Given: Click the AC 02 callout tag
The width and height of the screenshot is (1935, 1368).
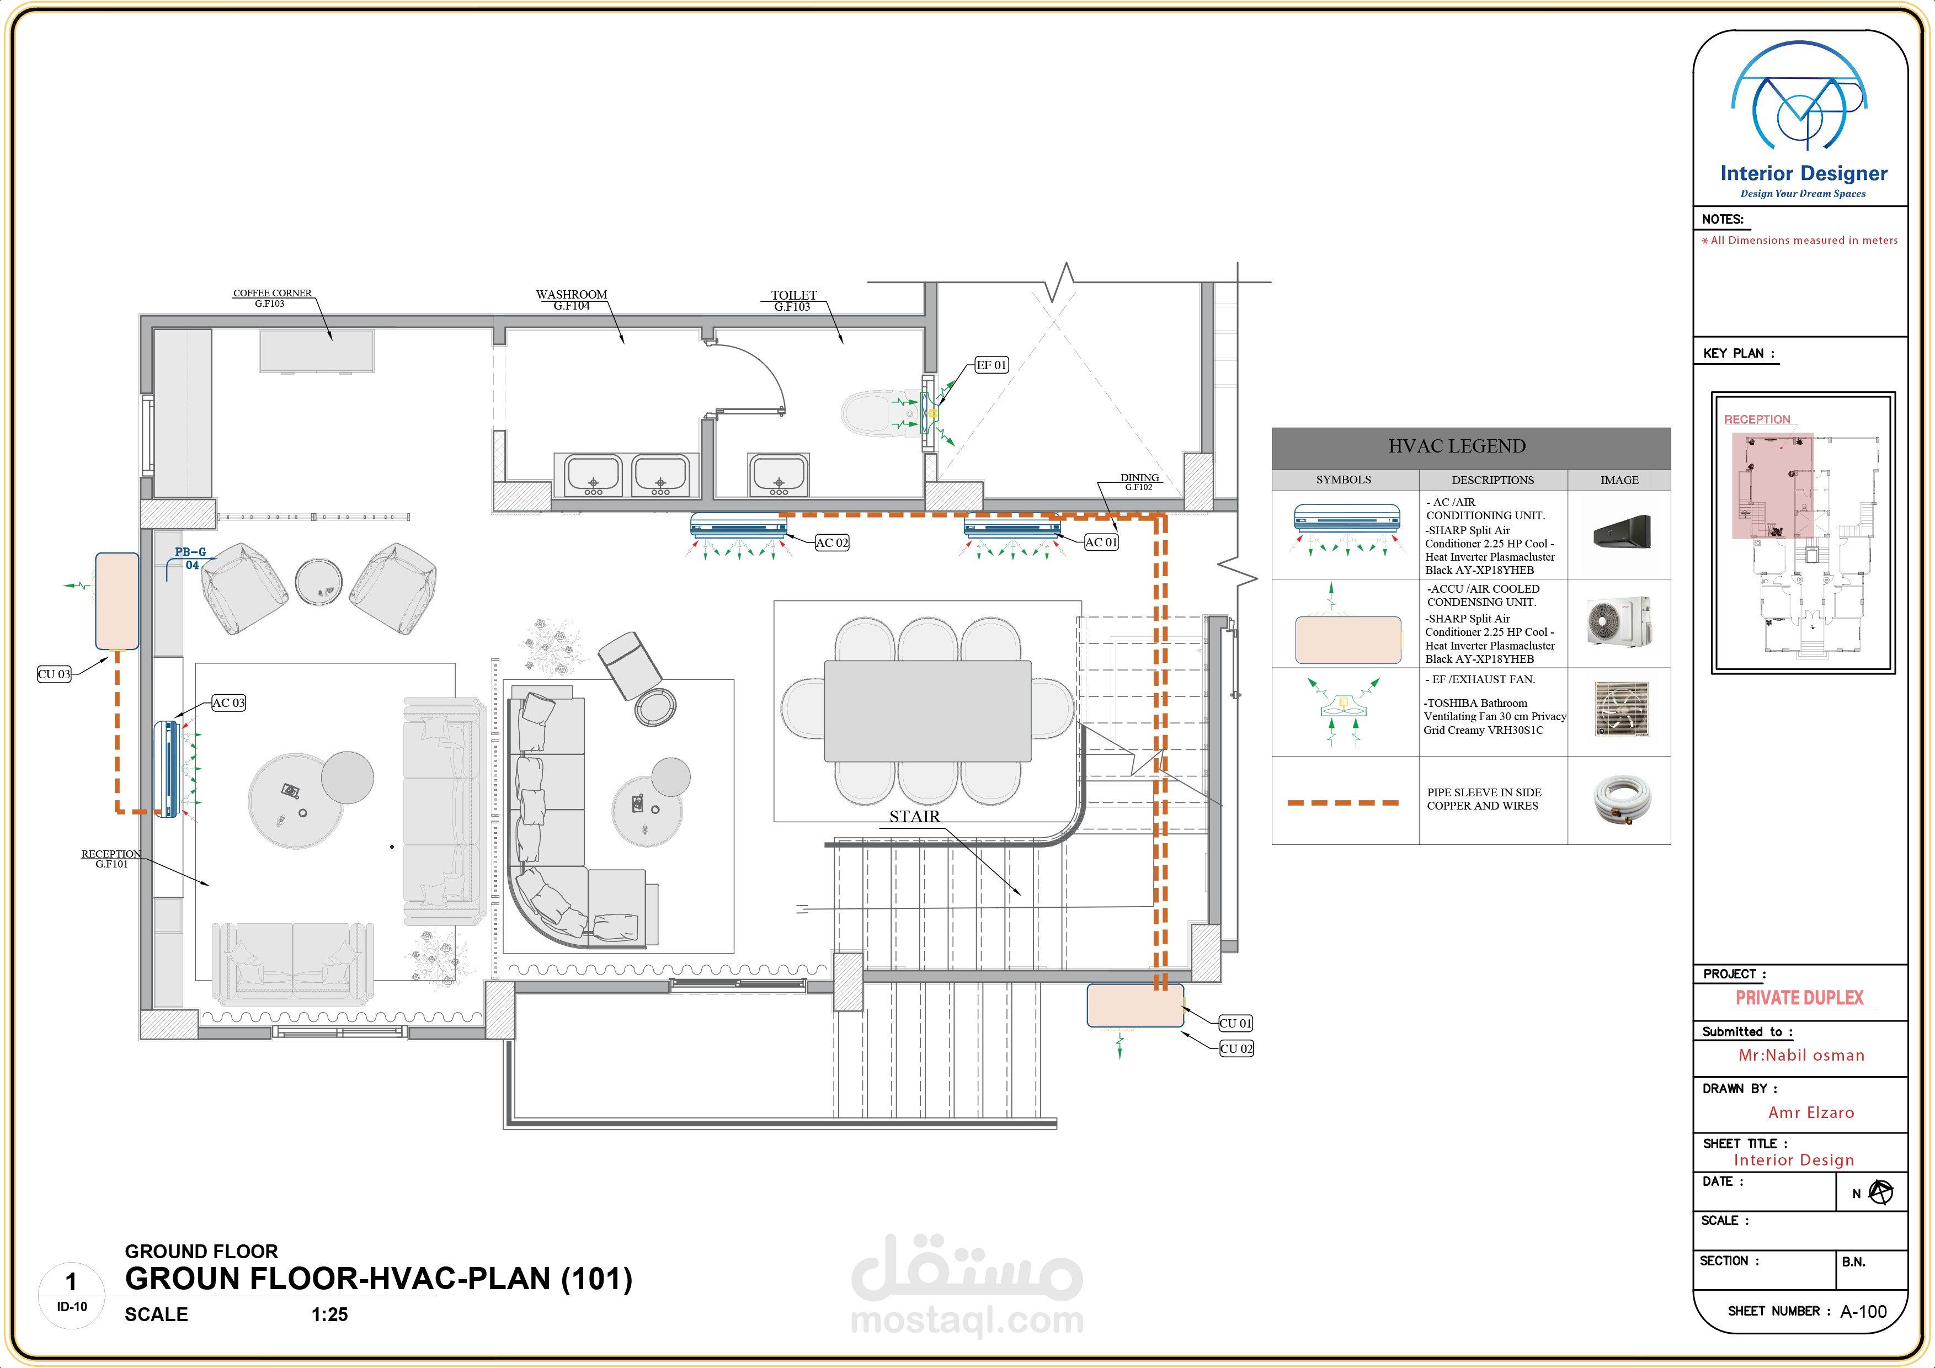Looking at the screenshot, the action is coord(832,543).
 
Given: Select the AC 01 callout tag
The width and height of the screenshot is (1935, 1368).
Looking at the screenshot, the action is coord(1101,542).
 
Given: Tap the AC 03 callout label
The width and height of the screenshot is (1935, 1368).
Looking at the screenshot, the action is coord(228,703).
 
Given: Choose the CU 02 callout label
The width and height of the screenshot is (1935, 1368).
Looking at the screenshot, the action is coord(1236,1048).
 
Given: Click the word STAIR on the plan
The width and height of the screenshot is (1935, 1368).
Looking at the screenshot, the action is coord(914,816).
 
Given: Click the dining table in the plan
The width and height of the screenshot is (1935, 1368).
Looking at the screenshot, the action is coord(927,711).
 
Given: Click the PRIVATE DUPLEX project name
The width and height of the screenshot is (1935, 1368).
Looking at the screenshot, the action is coord(1799,998).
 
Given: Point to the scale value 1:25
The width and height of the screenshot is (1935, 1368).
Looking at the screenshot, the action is coord(329,1314).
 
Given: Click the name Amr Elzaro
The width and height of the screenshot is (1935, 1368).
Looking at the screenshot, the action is coord(1811,1113).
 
